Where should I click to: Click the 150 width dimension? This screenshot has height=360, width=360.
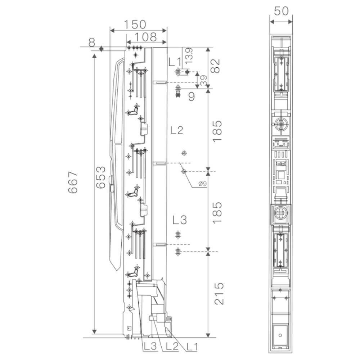point(135,24)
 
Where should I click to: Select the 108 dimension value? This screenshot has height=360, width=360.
point(145,37)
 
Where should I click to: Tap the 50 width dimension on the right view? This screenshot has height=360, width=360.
point(281,11)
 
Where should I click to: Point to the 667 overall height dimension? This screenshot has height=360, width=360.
point(73,182)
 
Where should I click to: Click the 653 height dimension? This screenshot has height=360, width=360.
point(101,177)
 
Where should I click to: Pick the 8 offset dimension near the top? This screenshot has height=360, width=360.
point(91,42)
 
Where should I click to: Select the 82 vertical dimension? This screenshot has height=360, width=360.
point(215,66)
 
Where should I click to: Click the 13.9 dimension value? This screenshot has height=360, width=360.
point(189,56)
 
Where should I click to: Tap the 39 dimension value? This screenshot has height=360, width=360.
point(203,81)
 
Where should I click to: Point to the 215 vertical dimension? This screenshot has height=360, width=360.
point(219,293)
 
